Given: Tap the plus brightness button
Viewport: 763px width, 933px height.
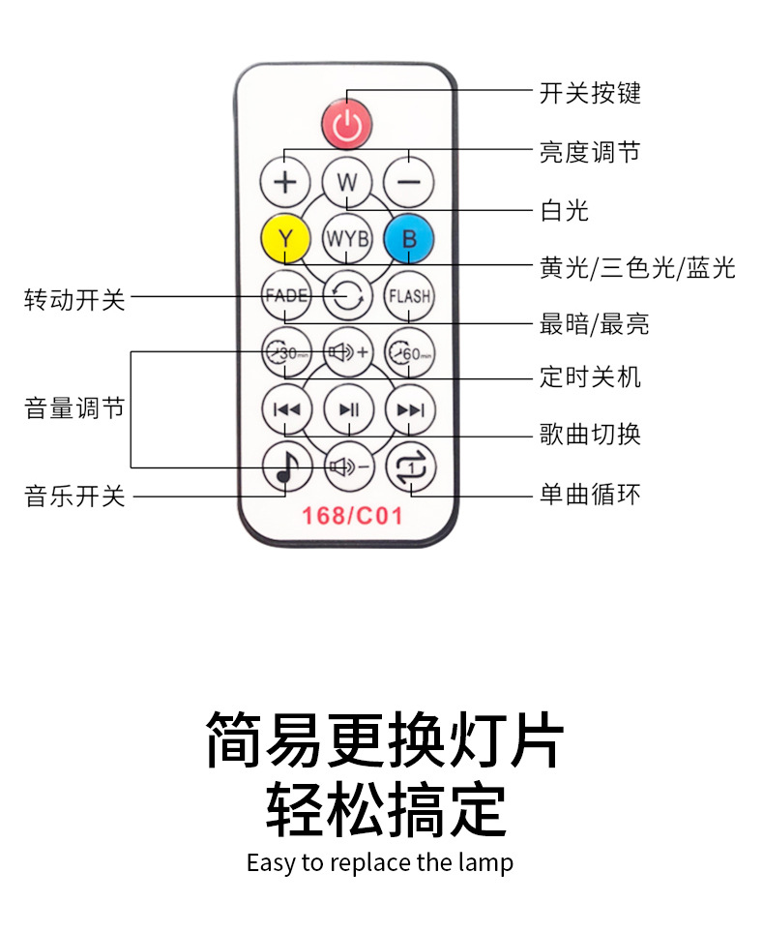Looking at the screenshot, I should pos(286,181).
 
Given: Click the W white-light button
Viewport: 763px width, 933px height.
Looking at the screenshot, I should pos(347,181).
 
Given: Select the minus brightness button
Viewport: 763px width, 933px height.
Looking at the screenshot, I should pos(408,181).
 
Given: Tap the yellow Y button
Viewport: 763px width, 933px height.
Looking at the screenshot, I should pos(286,238).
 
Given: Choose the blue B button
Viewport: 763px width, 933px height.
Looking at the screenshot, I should pos(408,238).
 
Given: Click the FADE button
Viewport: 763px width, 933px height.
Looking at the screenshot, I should pos(286,296).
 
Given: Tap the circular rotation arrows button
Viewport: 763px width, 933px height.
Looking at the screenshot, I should pos(347,296).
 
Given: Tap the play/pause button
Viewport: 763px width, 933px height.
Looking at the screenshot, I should pos(348,409).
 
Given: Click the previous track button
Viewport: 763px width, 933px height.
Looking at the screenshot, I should pos(286,409).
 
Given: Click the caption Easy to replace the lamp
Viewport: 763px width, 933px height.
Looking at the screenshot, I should pos(380,862).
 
